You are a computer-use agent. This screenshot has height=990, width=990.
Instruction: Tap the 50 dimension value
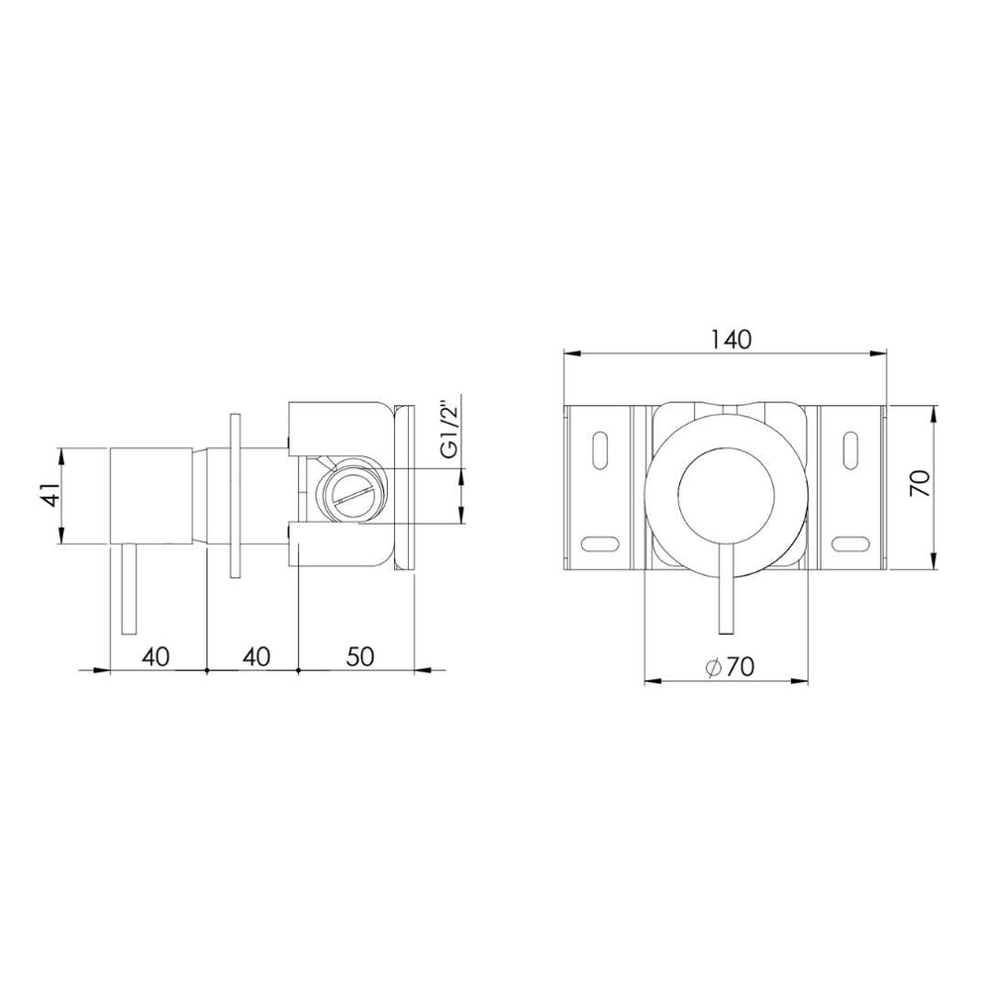[360, 656]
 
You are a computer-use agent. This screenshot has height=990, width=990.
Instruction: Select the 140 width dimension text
[732, 340]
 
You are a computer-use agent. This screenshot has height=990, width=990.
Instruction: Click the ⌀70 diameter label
[731, 666]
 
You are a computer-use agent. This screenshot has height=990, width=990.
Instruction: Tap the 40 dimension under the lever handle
[156, 656]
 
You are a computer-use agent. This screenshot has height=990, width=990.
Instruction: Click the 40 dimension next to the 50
[256, 656]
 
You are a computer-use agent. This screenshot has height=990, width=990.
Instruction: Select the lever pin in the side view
[128, 588]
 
